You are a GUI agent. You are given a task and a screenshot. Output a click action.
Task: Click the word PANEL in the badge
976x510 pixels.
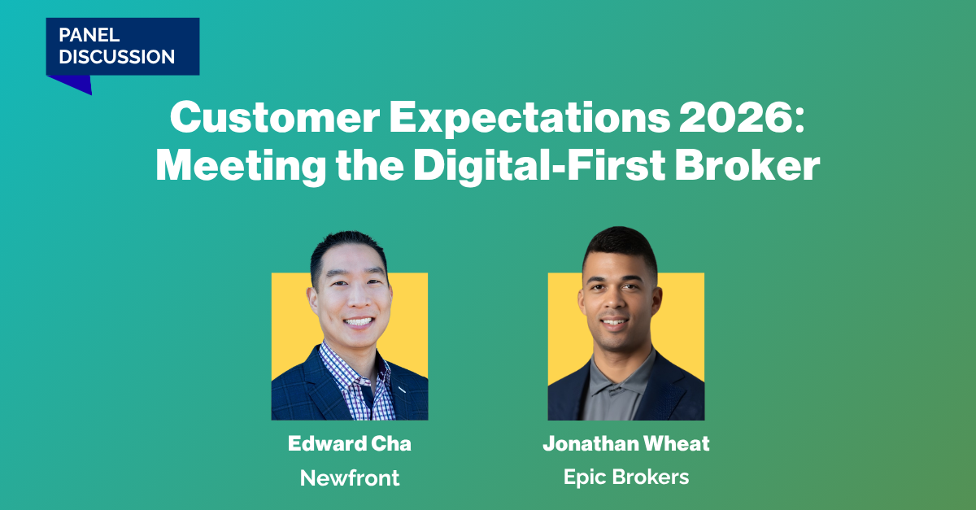click(x=89, y=35)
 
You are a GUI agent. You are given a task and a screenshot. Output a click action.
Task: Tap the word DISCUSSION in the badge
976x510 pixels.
click(x=117, y=57)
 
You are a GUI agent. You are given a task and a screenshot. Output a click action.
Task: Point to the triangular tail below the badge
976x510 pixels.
click(x=71, y=83)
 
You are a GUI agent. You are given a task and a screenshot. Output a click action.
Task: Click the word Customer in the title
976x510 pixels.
click(x=275, y=118)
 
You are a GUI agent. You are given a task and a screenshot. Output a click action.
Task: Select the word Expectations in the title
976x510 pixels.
click(x=529, y=119)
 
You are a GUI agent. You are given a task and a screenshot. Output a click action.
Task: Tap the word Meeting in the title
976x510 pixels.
click(x=241, y=167)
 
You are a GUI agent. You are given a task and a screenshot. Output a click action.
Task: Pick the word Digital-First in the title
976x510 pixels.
click(x=539, y=167)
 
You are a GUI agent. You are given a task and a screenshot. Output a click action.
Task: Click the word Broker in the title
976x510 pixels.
click(x=747, y=166)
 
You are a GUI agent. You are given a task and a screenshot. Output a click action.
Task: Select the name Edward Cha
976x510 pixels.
click(x=350, y=444)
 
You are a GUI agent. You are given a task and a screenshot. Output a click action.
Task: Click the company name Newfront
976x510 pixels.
click(x=350, y=477)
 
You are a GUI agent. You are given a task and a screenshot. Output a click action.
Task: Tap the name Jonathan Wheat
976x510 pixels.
click(x=626, y=444)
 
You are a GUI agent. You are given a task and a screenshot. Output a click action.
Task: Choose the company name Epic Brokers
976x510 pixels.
click(x=626, y=477)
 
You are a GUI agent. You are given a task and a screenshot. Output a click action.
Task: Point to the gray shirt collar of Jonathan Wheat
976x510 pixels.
click(x=619, y=376)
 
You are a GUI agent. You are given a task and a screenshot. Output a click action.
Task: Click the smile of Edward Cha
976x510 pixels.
click(x=358, y=322)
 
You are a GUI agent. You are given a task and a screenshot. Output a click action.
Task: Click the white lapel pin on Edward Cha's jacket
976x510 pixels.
click(x=402, y=390)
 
